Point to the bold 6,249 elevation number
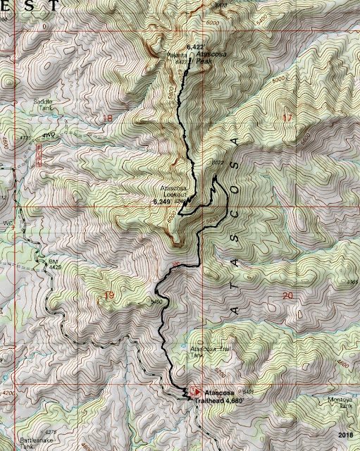tap(162, 202)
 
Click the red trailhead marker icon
tap(185, 390)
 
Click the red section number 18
tap(108, 118)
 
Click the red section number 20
tap(286, 296)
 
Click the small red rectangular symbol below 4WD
tap(39, 151)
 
